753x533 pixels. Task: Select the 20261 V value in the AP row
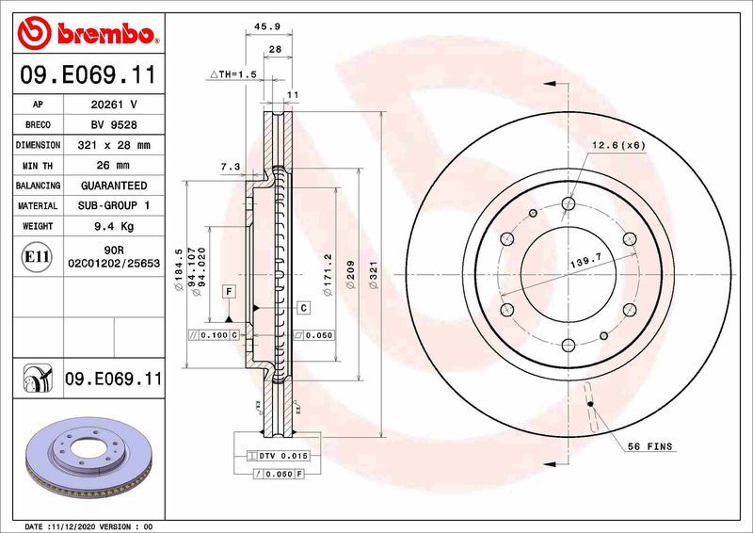[115, 105]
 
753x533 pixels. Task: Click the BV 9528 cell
[115, 124]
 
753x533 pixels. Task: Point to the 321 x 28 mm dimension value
[115, 145]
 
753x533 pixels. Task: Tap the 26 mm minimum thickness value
[115, 166]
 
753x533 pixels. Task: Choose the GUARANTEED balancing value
[115, 186]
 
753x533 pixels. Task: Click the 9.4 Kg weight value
[115, 226]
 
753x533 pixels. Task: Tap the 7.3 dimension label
[230, 167]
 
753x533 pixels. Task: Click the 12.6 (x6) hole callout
[618, 145]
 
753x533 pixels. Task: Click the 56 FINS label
[649, 446]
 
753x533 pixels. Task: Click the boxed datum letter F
[227, 292]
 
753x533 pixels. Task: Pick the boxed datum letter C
[304, 308]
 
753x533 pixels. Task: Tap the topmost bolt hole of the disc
[568, 202]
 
